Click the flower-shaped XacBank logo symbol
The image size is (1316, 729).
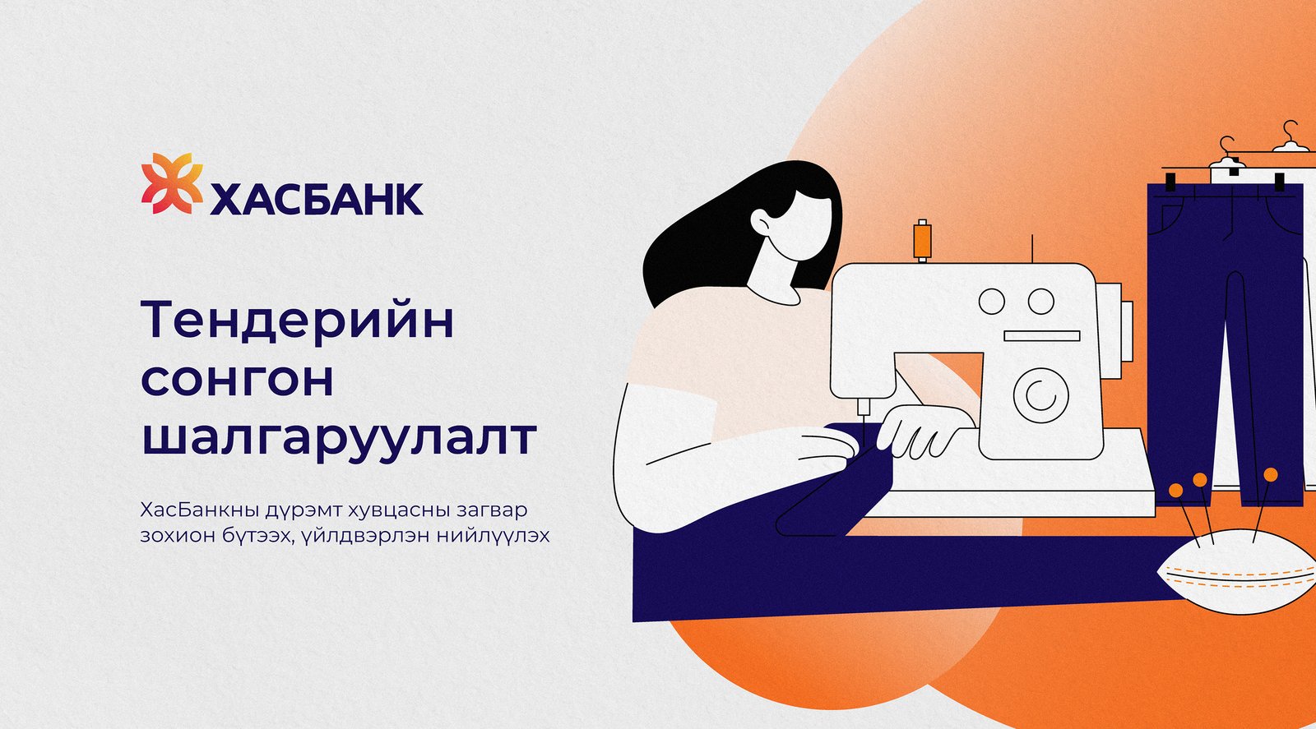[172, 183]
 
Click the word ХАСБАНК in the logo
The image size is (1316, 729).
[317, 198]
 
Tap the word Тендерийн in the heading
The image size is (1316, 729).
[298, 321]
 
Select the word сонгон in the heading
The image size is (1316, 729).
[238, 380]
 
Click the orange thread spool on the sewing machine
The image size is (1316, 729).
[922, 240]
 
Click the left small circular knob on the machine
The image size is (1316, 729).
[992, 302]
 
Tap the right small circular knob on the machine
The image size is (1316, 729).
[1041, 302]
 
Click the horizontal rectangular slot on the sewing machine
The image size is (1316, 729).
[1041, 335]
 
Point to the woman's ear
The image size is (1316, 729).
[761, 221]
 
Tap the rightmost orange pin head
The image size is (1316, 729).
[1271, 474]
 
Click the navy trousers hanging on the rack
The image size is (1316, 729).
[1225, 329]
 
